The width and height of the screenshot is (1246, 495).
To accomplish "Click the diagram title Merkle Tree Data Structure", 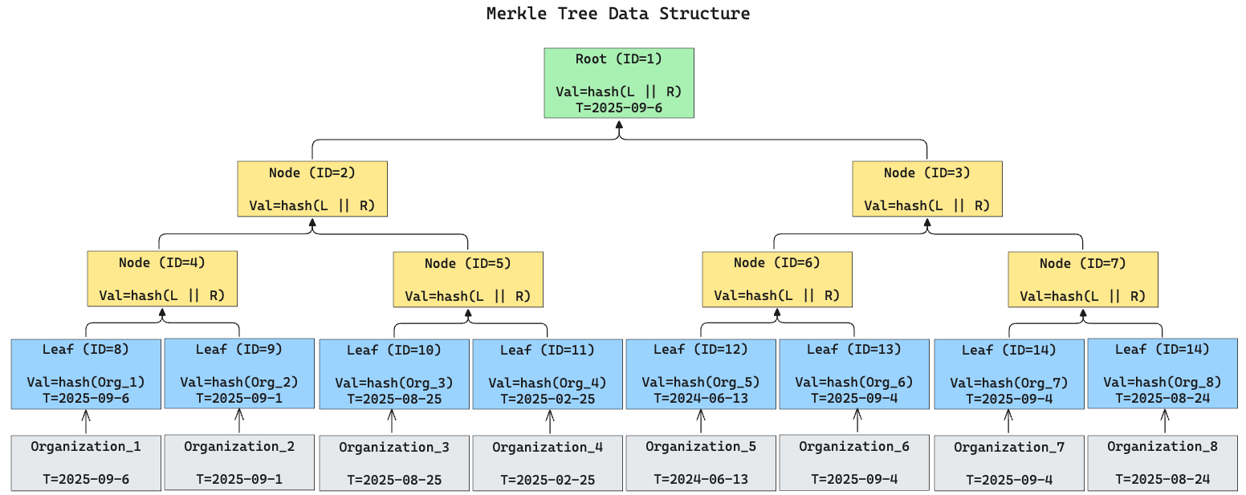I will tap(618, 14).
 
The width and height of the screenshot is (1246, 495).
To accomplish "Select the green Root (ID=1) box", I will tap(618, 83).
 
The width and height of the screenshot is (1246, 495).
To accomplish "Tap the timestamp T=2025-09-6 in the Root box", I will tap(618, 108).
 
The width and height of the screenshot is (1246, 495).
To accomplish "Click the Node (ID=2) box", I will tap(312, 189).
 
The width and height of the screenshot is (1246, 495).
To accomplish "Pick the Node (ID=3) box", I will tap(926, 189).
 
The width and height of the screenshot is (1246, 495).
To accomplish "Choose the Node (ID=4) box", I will tap(162, 278).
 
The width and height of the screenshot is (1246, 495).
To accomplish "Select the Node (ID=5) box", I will tap(468, 279).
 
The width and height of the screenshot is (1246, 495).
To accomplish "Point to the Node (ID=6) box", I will tap(777, 278).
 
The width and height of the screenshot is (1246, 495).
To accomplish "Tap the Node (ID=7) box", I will tap(1083, 279).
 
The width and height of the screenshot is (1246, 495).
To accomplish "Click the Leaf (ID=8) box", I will tap(86, 373).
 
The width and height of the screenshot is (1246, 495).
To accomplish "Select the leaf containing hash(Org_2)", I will tap(239, 373).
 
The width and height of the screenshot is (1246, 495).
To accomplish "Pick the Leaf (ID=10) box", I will tap(394, 374).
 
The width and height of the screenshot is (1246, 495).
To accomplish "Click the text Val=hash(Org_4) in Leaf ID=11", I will tap(548, 383).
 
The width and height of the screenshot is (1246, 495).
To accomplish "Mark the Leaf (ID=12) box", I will tap(701, 373).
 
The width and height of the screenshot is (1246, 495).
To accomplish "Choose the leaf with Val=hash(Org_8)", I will tap(1162, 374).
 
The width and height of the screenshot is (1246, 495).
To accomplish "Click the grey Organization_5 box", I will tap(701, 462).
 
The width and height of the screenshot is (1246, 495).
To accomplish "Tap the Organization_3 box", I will tap(394, 463).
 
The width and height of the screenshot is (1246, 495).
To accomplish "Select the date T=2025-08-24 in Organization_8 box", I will tap(1162, 479).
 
